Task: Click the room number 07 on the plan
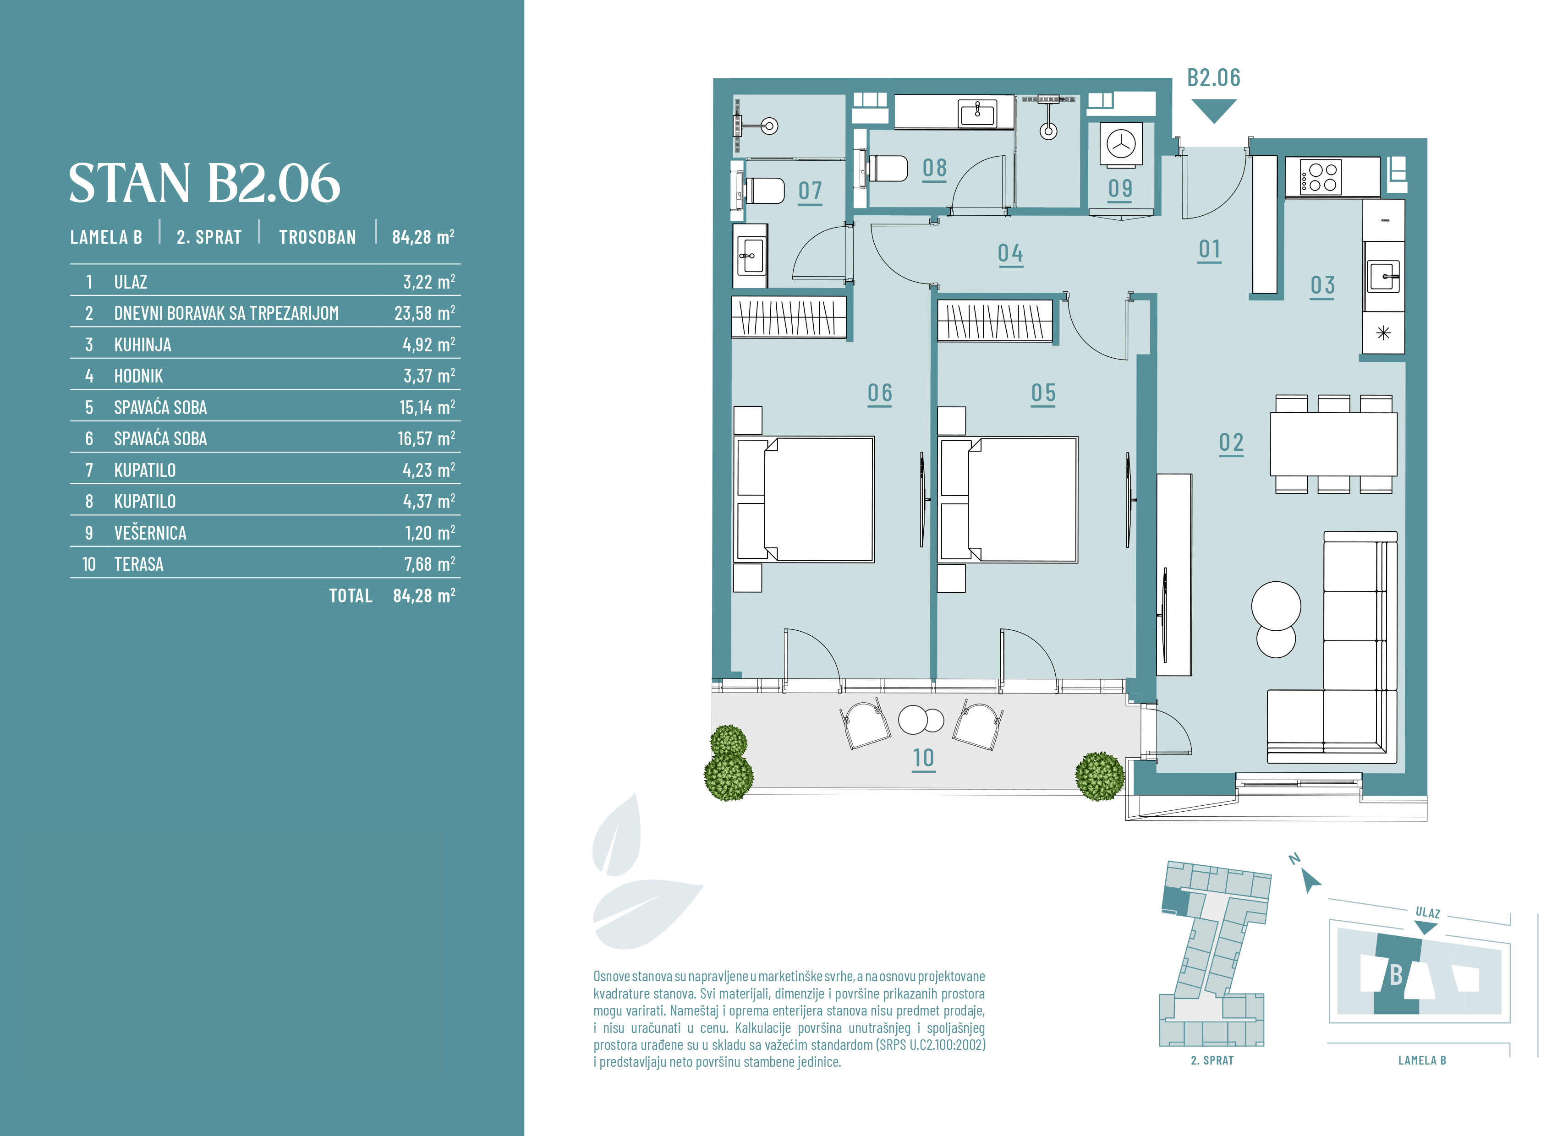(x=810, y=191)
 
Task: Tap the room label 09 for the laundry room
(x=1120, y=188)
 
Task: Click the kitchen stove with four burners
(x=1321, y=177)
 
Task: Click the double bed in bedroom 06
(x=804, y=500)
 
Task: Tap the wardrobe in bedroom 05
(x=995, y=321)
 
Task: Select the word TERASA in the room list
(x=139, y=564)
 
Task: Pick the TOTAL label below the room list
(x=351, y=595)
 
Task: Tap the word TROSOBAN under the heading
(x=318, y=237)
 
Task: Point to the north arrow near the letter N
(x=1311, y=881)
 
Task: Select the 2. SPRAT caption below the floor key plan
(x=1212, y=1060)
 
